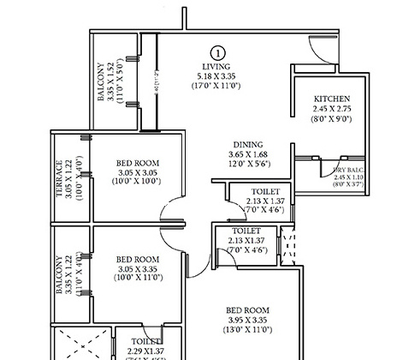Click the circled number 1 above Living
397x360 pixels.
217,53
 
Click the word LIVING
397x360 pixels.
217,66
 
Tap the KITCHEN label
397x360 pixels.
332,99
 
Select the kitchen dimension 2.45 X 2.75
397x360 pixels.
332,110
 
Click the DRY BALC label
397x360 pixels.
351,172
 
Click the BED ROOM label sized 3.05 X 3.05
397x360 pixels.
138,163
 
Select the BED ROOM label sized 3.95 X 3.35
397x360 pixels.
248,310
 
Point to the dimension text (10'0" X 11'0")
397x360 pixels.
138,279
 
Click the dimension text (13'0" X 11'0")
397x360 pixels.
248,330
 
